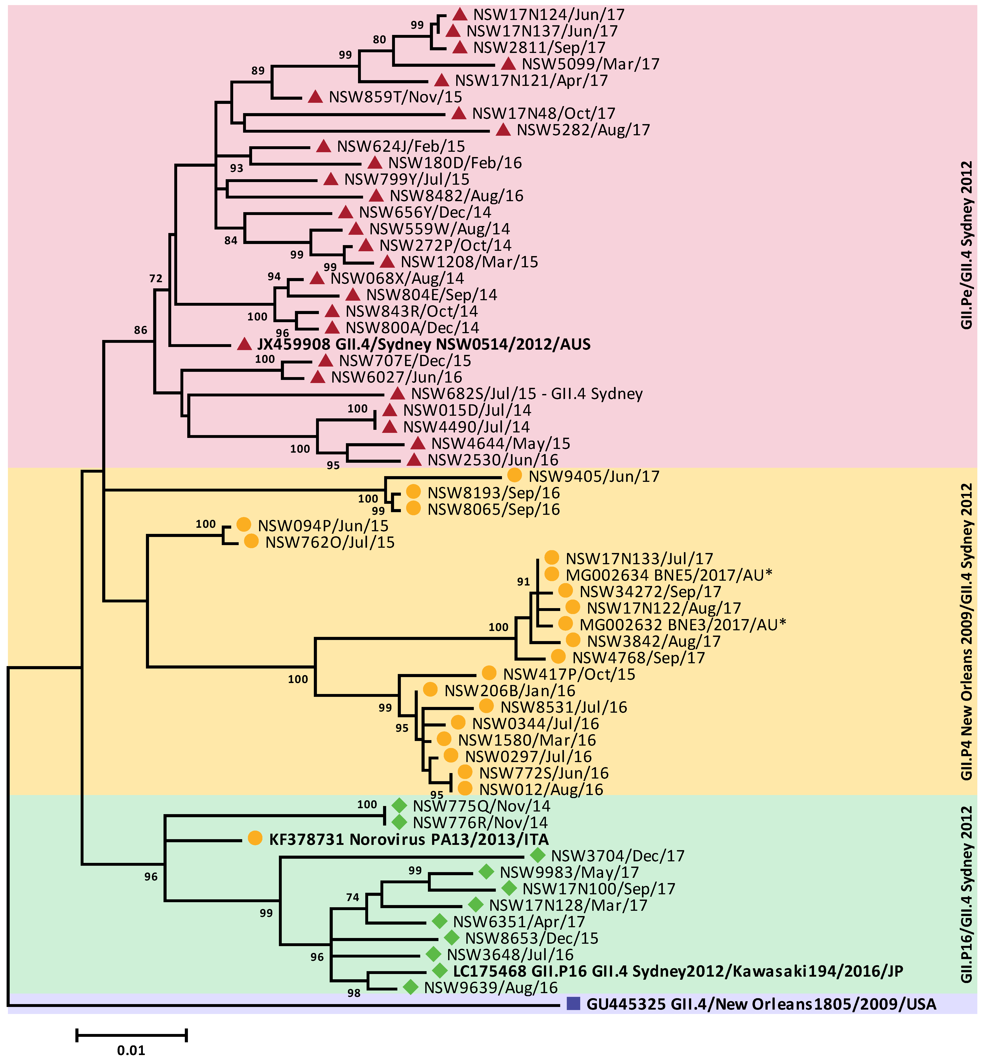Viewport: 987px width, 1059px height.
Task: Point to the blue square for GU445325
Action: click(x=573, y=1004)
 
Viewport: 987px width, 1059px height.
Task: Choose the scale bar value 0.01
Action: click(x=131, y=1050)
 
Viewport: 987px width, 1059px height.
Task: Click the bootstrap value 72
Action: click(x=156, y=278)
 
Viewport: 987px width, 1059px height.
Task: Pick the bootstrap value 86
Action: click(x=141, y=330)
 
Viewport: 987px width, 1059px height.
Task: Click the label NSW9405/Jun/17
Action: click(x=594, y=476)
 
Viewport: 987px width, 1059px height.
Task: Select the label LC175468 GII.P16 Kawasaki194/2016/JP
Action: click(x=678, y=971)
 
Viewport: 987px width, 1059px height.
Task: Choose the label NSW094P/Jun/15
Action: click(x=323, y=526)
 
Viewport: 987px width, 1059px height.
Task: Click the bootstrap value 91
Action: click(x=523, y=582)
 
